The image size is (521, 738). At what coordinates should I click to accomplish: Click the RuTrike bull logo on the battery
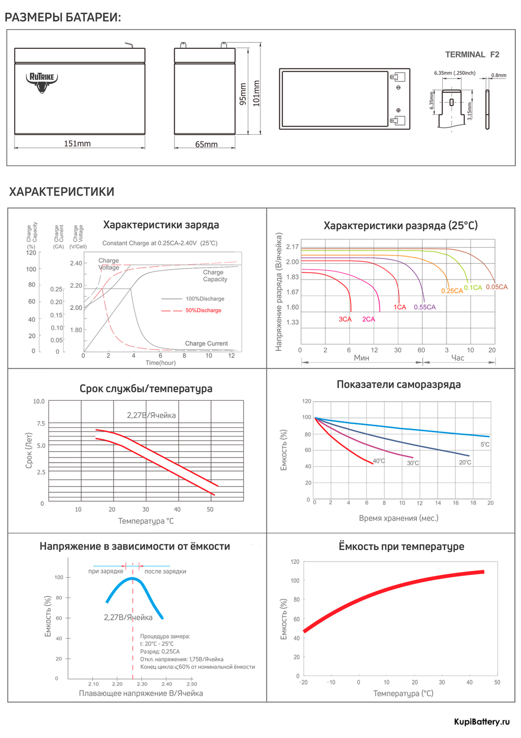[x=42, y=82]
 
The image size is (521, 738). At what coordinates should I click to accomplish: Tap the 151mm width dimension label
[x=77, y=144]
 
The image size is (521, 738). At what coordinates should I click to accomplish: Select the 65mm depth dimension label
[x=206, y=144]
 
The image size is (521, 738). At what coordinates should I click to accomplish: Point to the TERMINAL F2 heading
[x=472, y=55]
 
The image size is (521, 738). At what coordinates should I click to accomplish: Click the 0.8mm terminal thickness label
[x=499, y=75]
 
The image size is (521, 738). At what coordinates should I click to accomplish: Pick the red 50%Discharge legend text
[x=203, y=310]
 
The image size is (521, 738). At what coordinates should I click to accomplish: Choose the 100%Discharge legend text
[x=205, y=299]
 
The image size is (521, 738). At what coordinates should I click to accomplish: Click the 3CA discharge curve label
[x=345, y=319]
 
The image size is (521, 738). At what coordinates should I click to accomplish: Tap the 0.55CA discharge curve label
[x=425, y=307]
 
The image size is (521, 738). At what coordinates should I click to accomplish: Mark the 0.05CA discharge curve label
[x=497, y=287]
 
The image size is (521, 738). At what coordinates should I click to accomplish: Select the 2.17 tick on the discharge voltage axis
[x=292, y=247]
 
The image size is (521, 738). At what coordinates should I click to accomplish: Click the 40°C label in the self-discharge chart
[x=379, y=461]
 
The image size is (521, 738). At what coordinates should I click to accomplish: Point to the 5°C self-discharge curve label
[x=485, y=444]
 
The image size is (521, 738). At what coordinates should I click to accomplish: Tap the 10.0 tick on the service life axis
[x=39, y=401]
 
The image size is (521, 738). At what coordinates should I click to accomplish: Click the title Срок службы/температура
[x=146, y=389]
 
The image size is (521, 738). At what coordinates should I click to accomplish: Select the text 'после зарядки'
[x=165, y=571]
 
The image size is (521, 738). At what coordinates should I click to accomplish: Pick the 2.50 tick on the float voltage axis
[x=192, y=684]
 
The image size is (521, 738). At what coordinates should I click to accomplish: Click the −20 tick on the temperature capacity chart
[x=303, y=682]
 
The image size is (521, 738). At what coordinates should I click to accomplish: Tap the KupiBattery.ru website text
[x=481, y=721]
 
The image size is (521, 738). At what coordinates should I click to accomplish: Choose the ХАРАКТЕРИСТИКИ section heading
[x=61, y=192]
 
